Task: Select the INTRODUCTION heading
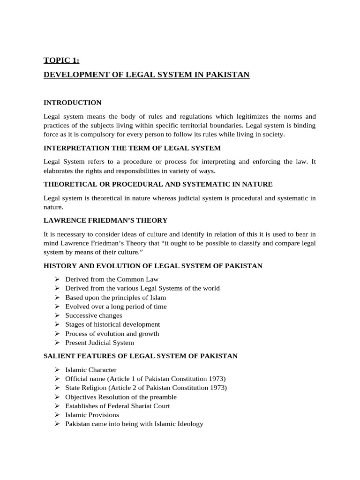click(72, 102)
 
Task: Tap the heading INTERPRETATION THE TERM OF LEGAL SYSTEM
click(132, 148)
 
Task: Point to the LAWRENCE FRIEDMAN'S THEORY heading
click(105, 220)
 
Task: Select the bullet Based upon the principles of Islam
click(115, 298)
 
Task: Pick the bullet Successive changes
click(93, 315)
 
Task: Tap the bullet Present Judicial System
click(99, 343)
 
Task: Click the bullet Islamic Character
click(90, 370)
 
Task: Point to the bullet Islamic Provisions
click(92, 415)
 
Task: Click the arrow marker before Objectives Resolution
click(56, 397)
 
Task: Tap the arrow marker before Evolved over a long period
click(56, 307)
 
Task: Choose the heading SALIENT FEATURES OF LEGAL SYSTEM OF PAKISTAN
click(140, 356)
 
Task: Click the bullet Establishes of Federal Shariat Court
click(117, 406)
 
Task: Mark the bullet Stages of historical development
click(112, 324)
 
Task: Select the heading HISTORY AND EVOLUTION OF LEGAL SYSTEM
click(153, 266)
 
